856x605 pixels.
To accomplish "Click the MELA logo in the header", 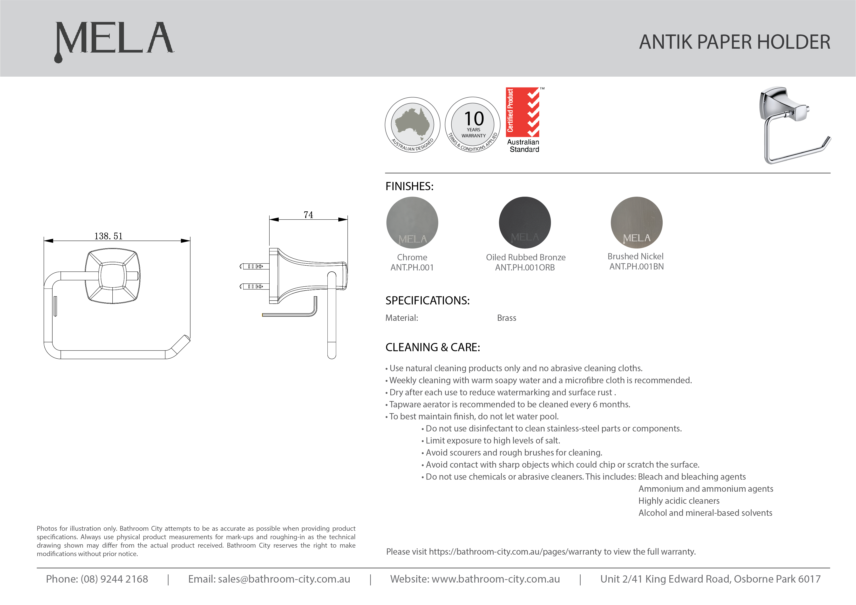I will point(114,40).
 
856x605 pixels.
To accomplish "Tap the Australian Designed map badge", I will point(412,125).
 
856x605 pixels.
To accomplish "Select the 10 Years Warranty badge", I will point(473,125).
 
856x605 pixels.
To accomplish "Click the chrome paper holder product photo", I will point(794,126).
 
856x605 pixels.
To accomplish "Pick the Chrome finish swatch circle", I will point(412,222).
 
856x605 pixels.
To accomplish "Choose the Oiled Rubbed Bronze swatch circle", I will point(525,222).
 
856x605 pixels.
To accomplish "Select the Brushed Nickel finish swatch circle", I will point(636,222).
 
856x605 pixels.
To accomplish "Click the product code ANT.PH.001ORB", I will point(525,268).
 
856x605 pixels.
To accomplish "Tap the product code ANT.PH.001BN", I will point(636,267).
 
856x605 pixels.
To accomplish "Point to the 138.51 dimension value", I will point(109,236).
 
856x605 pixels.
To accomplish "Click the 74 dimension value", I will point(308,215).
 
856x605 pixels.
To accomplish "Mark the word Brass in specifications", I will point(506,318).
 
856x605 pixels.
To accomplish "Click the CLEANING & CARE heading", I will point(433,347).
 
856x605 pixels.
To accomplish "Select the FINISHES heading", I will point(409,186).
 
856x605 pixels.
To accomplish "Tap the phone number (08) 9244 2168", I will point(114,579).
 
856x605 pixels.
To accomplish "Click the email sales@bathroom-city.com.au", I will point(284,579).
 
